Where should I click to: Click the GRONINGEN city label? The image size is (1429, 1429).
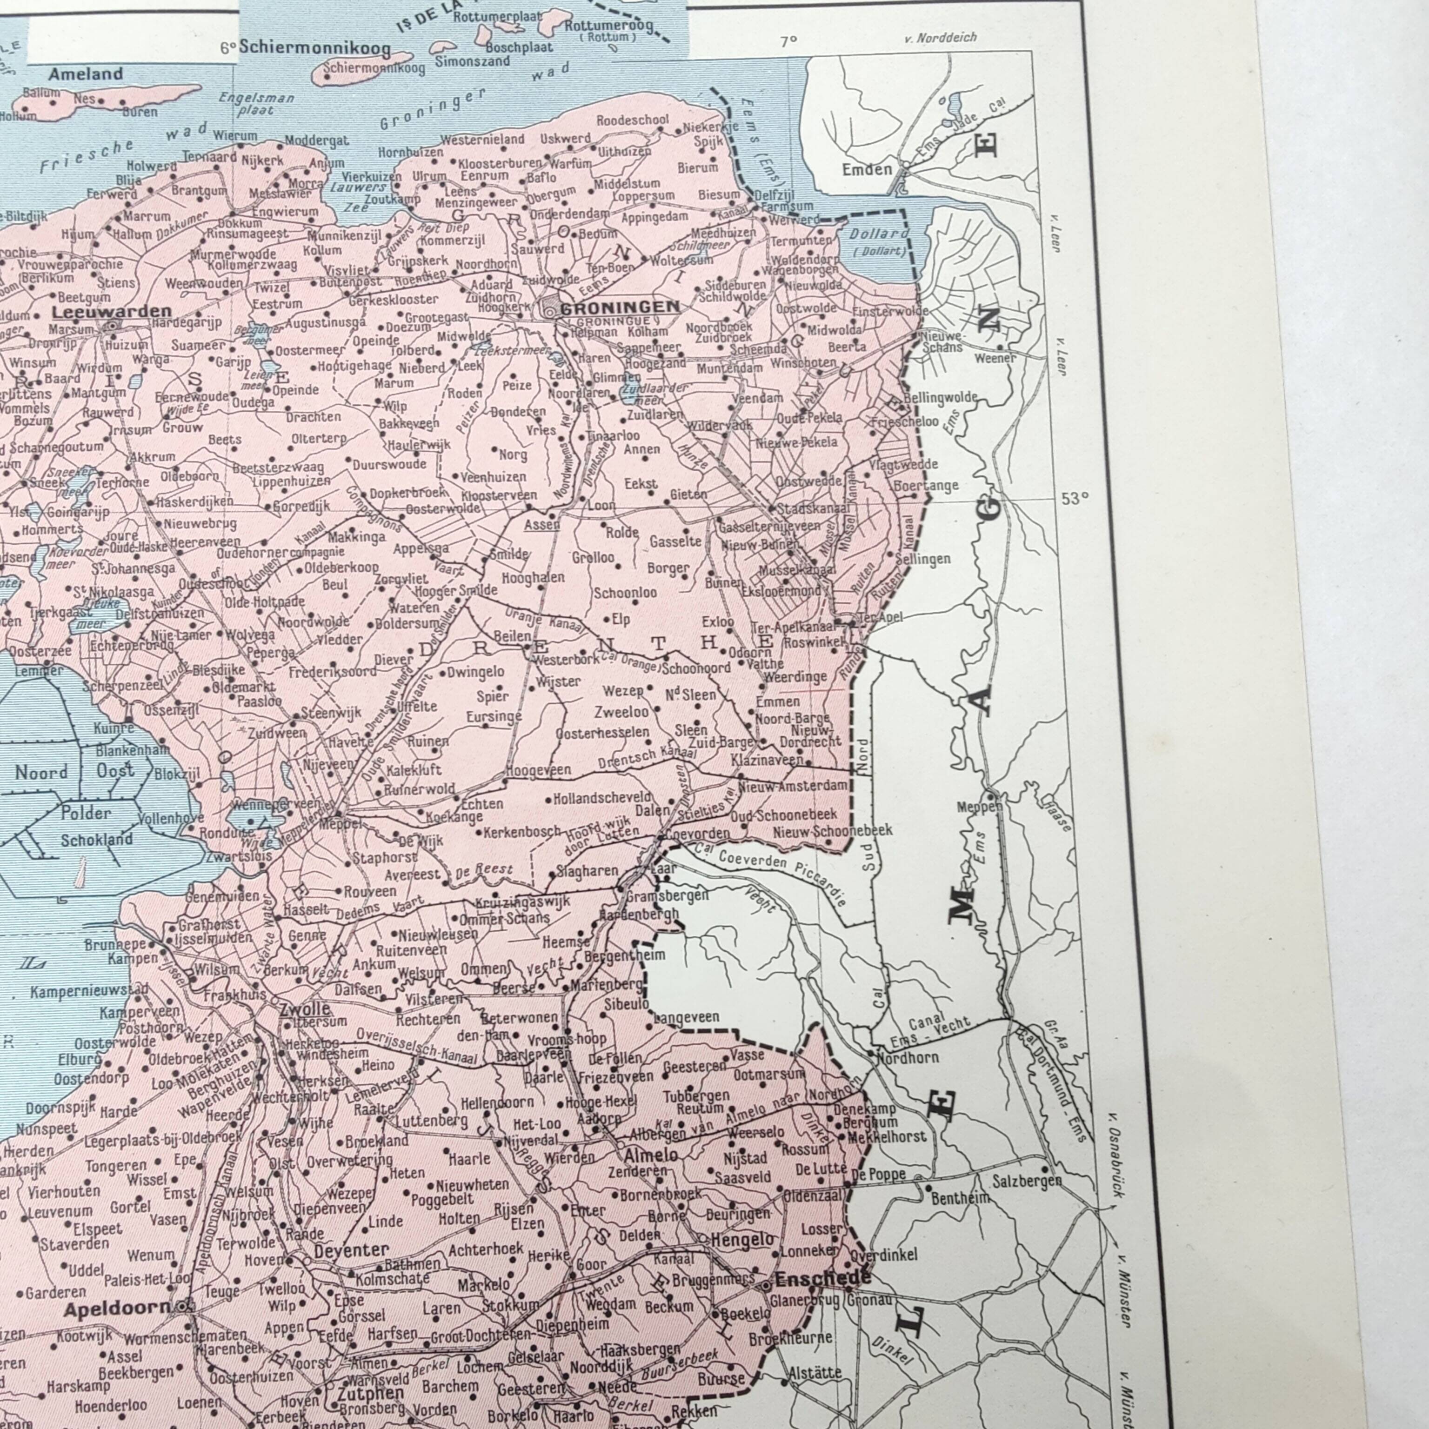pyautogui.click(x=620, y=307)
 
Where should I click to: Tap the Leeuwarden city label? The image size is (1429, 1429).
pyautogui.click(x=112, y=311)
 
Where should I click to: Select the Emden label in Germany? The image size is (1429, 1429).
pyautogui.click(x=867, y=169)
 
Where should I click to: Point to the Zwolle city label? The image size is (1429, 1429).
pyautogui.click(x=305, y=1009)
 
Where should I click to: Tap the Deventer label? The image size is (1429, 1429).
pyautogui.click(x=351, y=1250)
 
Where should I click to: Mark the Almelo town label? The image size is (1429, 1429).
pyautogui.click(x=650, y=1155)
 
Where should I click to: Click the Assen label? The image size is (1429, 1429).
pyautogui.click(x=541, y=524)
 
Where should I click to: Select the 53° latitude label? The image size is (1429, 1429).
pyautogui.click(x=1074, y=499)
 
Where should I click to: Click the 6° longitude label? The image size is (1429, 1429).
pyautogui.click(x=228, y=47)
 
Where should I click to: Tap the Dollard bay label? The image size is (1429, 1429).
pyautogui.click(x=879, y=234)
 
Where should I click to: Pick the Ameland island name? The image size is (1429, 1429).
pyautogui.click(x=86, y=74)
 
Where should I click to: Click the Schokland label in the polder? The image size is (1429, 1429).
pyautogui.click(x=96, y=840)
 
